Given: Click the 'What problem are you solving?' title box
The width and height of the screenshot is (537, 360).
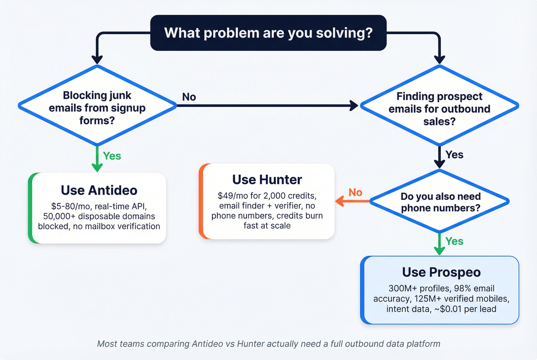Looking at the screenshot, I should click(268, 33).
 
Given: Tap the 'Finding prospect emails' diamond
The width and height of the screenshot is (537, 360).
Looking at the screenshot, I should click(439, 108).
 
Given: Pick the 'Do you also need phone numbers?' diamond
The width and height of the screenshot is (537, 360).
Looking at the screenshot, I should click(440, 202).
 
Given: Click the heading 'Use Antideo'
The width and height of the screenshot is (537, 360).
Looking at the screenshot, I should click(99, 190).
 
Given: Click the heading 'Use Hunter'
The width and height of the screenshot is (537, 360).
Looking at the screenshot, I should click(267, 179).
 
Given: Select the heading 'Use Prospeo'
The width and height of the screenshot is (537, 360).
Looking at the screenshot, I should click(441, 272).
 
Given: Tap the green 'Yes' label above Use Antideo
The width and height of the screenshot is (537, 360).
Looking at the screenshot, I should click(112, 156).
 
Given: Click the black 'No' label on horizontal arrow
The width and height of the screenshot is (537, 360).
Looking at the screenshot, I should click(189, 97).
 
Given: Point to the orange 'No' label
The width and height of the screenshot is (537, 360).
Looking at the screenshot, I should click(355, 192).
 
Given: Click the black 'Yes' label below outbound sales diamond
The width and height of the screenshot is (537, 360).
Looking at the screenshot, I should click(454, 155).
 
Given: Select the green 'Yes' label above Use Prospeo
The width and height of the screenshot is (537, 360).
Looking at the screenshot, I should click(454, 242).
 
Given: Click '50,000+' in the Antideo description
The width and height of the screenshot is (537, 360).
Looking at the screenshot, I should click(59, 216).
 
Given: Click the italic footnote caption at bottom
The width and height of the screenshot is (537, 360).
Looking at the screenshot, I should click(268, 344).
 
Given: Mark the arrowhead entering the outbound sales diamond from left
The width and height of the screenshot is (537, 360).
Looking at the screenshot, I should click(354, 105).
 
